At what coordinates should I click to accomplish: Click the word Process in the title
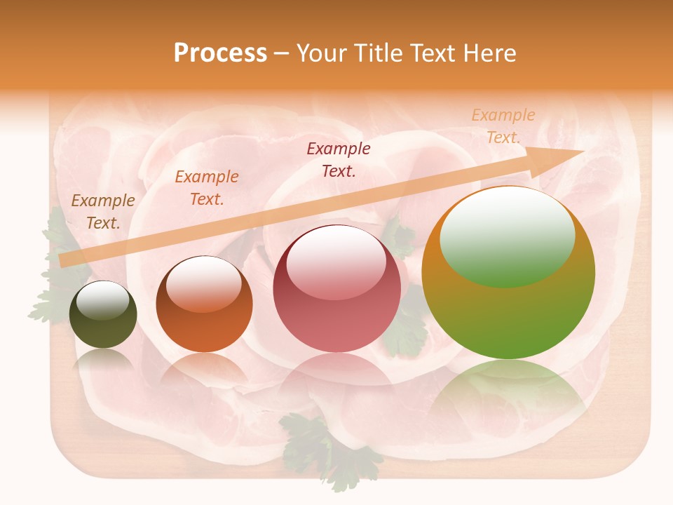click(220, 53)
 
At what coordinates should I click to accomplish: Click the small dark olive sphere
click(103, 314)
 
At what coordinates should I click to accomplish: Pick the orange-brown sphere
click(204, 304)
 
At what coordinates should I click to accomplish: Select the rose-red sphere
click(336, 288)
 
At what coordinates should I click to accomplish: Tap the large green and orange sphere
click(508, 273)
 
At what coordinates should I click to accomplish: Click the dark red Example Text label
click(339, 159)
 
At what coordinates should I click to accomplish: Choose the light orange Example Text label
click(503, 126)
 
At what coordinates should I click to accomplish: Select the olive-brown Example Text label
click(103, 211)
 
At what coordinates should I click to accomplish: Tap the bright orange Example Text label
click(206, 188)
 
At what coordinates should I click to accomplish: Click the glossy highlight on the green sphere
click(508, 237)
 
